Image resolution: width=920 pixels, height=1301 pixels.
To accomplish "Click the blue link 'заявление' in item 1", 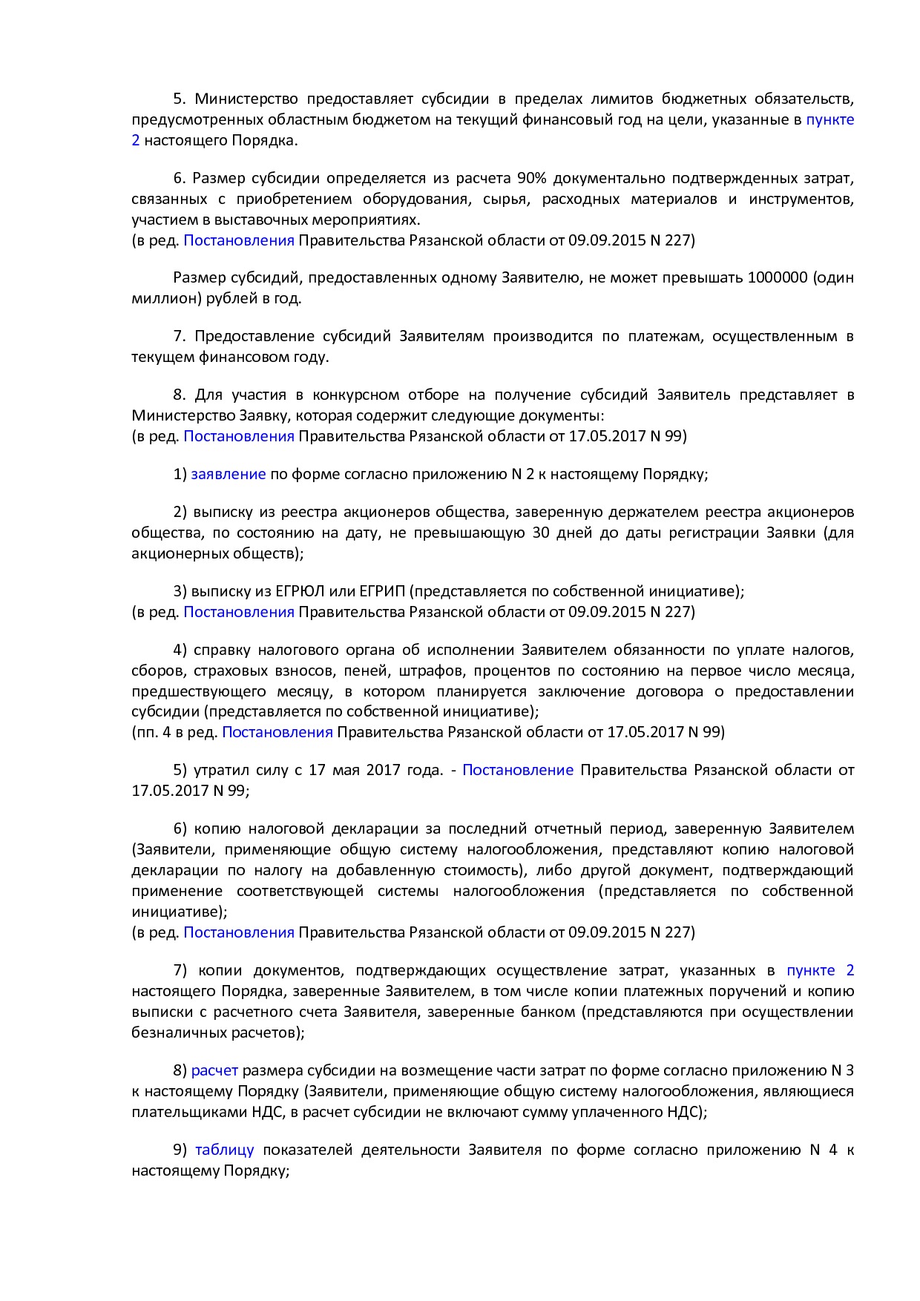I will click(228, 474).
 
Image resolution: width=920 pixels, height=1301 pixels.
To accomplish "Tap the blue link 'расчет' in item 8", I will click(214, 1070).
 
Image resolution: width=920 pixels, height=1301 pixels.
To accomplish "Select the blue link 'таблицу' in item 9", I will click(224, 1150).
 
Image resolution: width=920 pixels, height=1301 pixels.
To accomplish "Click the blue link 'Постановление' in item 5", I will click(517, 770).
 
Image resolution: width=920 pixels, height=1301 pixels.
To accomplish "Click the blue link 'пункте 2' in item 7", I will click(820, 970).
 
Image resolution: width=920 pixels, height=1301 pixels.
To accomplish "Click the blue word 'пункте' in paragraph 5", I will click(829, 119).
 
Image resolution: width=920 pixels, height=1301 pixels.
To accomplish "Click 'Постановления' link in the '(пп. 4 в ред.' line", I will click(277, 732).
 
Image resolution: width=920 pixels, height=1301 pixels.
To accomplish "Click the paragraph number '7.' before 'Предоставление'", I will click(180, 336).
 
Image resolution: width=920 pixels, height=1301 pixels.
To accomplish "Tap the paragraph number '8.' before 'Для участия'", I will click(180, 395).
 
